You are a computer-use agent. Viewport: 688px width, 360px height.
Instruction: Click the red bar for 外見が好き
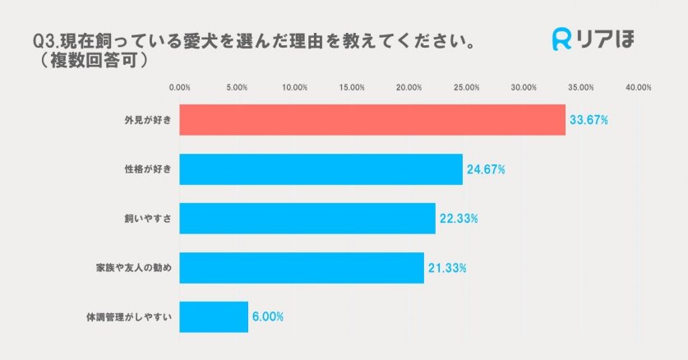click(x=372, y=120)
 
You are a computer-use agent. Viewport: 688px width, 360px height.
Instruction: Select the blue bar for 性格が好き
click(x=321, y=169)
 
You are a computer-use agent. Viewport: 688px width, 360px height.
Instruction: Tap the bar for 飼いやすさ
click(x=307, y=218)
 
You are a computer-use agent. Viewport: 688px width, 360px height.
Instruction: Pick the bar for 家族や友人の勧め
click(x=301, y=267)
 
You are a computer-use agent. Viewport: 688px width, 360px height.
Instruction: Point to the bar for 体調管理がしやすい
click(x=214, y=316)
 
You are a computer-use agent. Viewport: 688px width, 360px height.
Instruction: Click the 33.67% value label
click(x=589, y=120)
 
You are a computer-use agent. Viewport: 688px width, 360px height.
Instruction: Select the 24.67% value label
click(x=486, y=169)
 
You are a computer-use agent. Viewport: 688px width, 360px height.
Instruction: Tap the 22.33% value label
click(x=459, y=219)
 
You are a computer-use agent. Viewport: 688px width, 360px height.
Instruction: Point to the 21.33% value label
click(x=447, y=268)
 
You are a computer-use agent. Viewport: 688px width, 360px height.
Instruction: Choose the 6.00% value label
click(x=269, y=316)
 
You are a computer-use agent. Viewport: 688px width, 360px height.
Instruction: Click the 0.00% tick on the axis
click(x=179, y=87)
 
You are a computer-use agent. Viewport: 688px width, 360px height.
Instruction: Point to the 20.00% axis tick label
click(x=409, y=87)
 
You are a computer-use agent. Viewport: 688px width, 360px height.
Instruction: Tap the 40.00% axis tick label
click(x=638, y=87)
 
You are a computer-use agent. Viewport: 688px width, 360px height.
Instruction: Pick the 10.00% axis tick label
click(x=294, y=87)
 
